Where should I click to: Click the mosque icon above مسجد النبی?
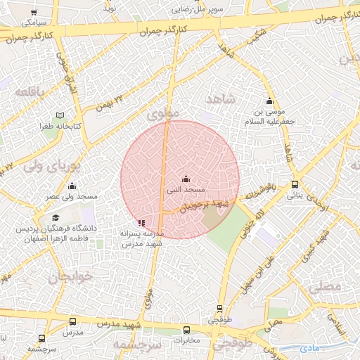coord(186,179)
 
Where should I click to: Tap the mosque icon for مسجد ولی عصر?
coord(72,186)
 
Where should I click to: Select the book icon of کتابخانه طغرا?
coord(60,115)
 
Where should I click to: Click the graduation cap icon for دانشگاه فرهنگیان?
coord(56,217)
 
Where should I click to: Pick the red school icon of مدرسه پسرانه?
coord(142,223)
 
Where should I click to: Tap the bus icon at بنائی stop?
coord(295,185)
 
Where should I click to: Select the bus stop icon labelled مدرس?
coord(72,321)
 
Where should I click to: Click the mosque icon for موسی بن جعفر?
coord(269,101)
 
